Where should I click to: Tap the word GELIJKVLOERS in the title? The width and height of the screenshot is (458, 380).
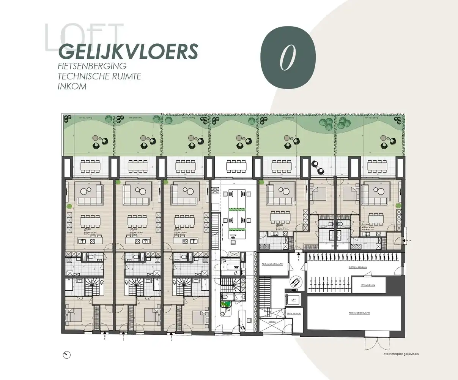(x=128, y=52)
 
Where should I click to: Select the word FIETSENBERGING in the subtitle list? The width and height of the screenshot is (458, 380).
(x=92, y=66)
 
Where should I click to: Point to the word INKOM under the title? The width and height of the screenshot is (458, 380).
(x=72, y=86)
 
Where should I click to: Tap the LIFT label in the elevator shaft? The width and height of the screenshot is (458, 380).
(x=293, y=299)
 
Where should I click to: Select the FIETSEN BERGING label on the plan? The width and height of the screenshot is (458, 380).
(x=357, y=268)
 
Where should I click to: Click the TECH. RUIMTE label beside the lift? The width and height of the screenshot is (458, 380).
(x=294, y=313)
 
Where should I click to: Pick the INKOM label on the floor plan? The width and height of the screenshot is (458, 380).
(x=272, y=321)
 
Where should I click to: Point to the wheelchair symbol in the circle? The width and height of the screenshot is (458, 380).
(x=294, y=282)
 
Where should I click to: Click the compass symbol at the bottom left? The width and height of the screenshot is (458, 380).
(x=66, y=355)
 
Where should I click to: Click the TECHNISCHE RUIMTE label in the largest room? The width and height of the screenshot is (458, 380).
(x=359, y=313)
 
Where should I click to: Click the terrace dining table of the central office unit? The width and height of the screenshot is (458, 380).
(x=236, y=166)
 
